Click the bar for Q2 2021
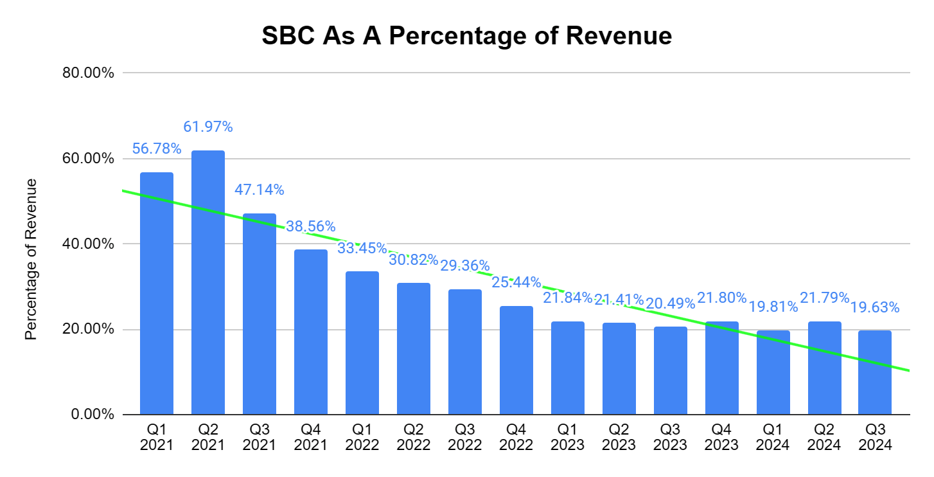point(208,283)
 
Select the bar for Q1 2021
point(157,293)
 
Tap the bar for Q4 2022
point(516,360)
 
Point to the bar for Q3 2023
point(671,370)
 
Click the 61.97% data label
point(208,127)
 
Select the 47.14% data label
point(260,190)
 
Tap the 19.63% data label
point(875,308)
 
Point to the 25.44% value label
point(516,282)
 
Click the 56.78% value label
point(157,149)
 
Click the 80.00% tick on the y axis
point(89,73)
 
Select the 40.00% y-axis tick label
point(89,244)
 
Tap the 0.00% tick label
point(93,415)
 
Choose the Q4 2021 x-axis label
point(311,438)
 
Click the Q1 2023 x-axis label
point(568,438)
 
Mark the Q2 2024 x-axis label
point(825,438)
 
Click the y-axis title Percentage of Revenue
point(31,259)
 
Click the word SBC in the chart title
point(288,36)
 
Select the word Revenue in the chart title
point(619,36)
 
